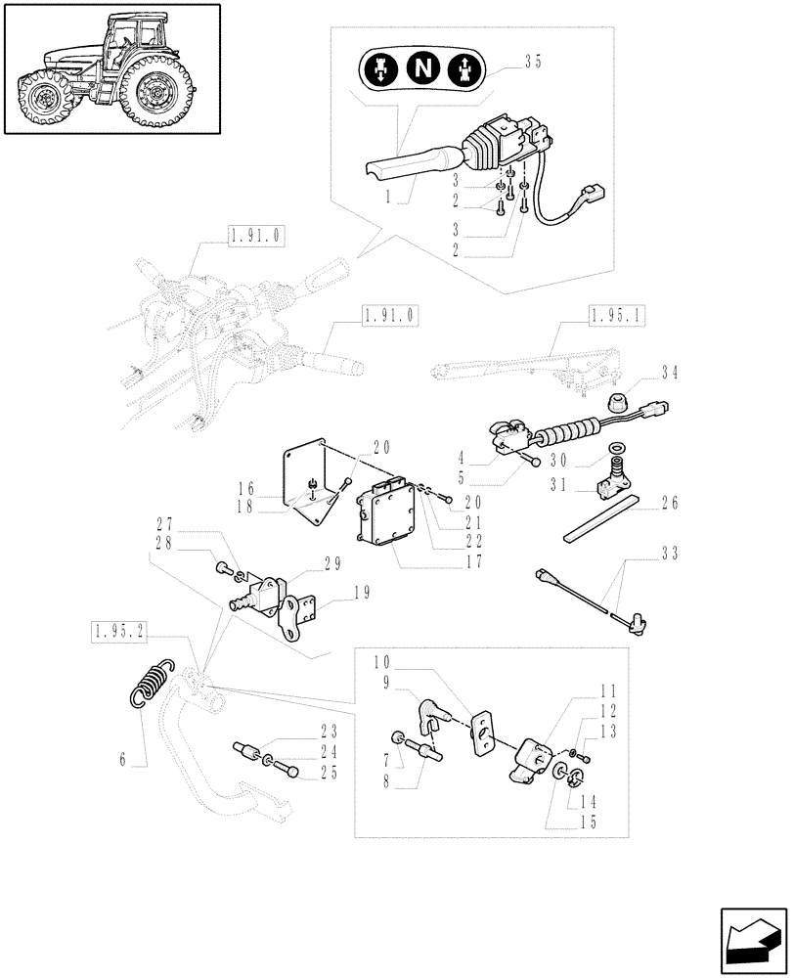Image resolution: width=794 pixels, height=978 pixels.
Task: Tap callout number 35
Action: click(531, 61)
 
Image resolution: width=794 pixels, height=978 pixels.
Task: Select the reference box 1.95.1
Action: click(619, 315)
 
